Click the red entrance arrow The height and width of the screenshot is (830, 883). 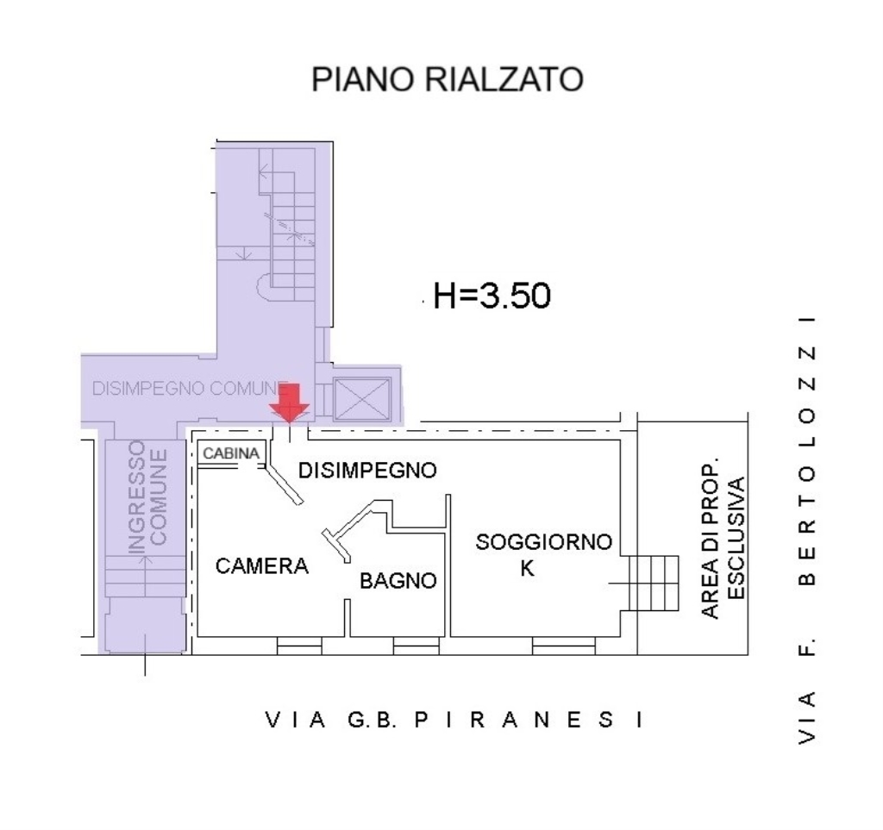[x=289, y=403]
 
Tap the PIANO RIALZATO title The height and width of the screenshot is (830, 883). [x=448, y=78]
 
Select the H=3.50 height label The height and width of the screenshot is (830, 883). [x=492, y=296]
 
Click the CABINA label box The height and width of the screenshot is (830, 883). [x=231, y=453]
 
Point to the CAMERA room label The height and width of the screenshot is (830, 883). [x=262, y=566]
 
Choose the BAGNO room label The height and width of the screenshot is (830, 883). [x=398, y=581]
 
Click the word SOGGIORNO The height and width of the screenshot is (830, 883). [x=543, y=542]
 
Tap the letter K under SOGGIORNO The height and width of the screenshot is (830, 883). [x=527, y=569]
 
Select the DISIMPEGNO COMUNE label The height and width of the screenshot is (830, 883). [x=190, y=388]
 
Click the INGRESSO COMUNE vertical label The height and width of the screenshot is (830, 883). [x=147, y=496]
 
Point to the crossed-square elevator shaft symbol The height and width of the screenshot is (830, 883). [x=361, y=398]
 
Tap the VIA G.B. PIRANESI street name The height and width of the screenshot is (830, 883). [x=454, y=720]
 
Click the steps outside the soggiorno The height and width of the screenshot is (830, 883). [x=654, y=583]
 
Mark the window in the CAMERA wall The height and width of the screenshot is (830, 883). [x=299, y=646]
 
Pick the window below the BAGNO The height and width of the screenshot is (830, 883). [x=416, y=646]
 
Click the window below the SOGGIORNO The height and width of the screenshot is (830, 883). [x=564, y=646]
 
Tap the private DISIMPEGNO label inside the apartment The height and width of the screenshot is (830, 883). [x=367, y=471]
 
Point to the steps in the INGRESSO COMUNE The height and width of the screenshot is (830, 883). [x=145, y=576]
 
